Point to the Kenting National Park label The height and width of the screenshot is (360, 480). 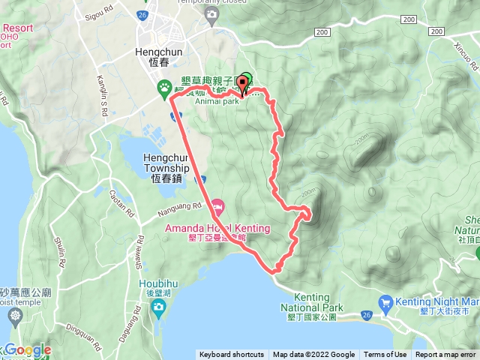coord(312,307)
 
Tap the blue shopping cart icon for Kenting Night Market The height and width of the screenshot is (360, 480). coord(386,302)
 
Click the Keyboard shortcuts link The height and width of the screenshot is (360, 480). coord(231,355)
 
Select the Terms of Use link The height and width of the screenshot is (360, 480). coord(386,355)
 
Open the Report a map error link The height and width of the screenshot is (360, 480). coord(446,355)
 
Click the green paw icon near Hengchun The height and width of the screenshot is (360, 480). coord(164,88)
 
